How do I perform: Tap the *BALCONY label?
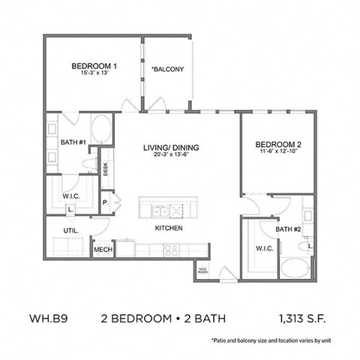coord(168,70)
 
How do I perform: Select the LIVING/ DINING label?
coord(169,148)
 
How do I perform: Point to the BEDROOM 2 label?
coord(277,145)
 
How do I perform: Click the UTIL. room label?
coord(70,229)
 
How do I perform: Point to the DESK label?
coord(106,169)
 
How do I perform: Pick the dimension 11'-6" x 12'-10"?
coord(277,153)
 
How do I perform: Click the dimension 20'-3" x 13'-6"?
coord(169,156)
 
